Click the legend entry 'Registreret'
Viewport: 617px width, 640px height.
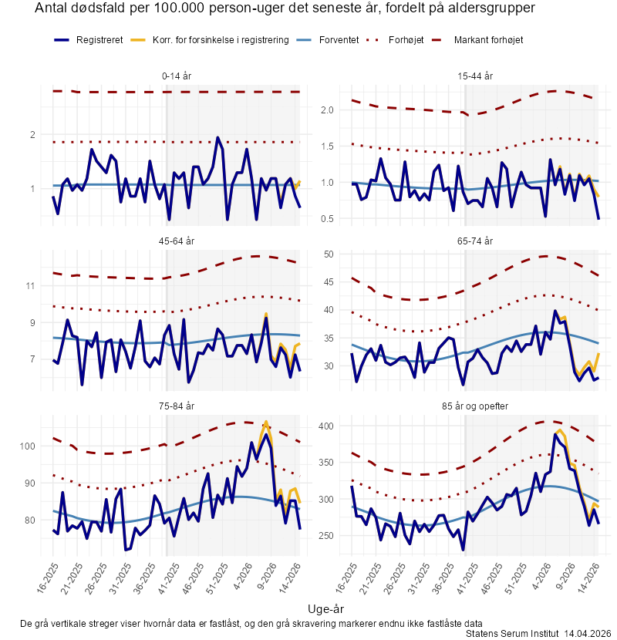click(x=99, y=39)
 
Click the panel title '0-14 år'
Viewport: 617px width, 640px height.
click(x=178, y=76)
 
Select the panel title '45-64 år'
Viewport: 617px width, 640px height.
click(x=178, y=241)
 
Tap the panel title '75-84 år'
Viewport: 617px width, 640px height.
click(x=178, y=406)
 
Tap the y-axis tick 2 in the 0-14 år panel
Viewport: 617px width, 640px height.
click(x=33, y=135)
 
